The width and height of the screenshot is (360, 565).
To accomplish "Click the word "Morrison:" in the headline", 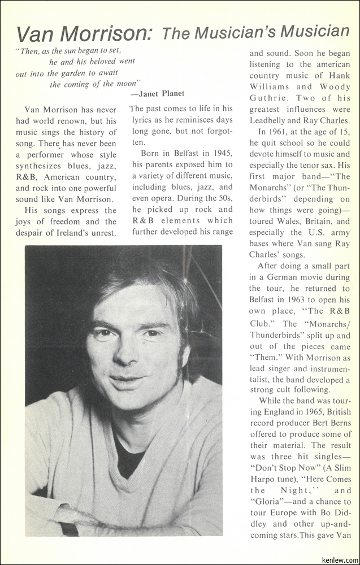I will (107, 34).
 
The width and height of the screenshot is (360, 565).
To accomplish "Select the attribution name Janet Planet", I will (162, 93).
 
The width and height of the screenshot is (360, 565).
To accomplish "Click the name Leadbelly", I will (271, 120).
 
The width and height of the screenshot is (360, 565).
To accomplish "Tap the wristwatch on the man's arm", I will (70, 529).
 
